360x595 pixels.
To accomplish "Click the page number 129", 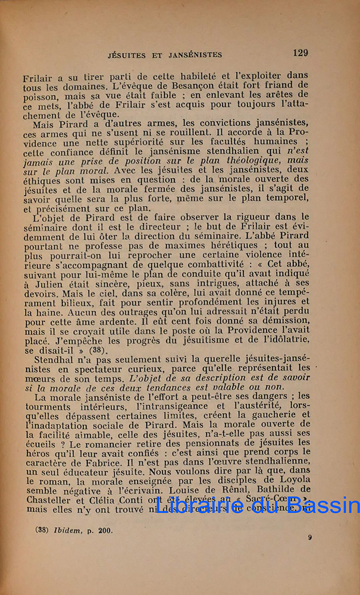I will tap(300, 53).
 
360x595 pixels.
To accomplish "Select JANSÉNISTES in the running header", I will tap(192, 54).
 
